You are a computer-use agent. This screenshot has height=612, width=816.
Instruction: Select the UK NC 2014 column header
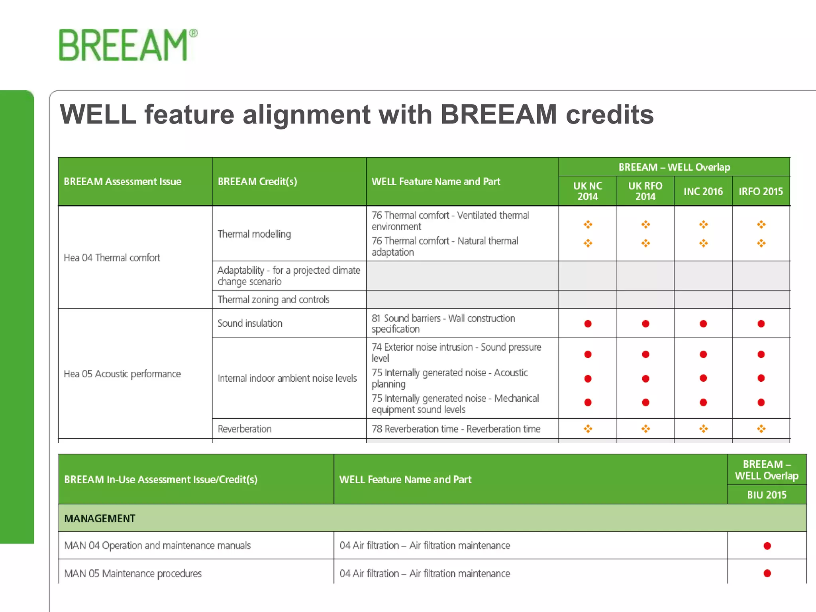tap(587, 191)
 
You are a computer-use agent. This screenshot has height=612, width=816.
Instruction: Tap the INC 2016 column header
tap(703, 192)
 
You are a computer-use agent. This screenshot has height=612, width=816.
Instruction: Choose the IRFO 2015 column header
tap(761, 192)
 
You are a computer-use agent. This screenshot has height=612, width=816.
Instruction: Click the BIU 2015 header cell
tap(767, 495)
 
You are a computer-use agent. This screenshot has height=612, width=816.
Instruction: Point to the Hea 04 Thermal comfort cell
tap(112, 258)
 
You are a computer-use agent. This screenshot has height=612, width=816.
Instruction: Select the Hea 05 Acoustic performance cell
tap(122, 374)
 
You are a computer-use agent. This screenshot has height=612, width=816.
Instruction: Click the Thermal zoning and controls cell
tap(273, 300)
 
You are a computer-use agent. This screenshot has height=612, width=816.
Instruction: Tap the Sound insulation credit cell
tap(250, 324)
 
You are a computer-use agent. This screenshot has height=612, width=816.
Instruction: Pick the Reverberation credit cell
tap(245, 429)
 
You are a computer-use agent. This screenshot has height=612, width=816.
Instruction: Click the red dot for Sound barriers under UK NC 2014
tap(588, 324)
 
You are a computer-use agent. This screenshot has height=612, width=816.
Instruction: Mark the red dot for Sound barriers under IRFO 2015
tap(761, 324)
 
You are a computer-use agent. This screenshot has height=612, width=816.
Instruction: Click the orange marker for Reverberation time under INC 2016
tap(703, 429)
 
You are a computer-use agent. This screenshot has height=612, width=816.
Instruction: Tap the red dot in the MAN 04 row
tap(767, 546)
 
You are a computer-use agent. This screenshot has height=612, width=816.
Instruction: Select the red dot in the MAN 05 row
tap(767, 573)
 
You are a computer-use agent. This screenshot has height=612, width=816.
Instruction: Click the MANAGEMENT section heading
tap(100, 519)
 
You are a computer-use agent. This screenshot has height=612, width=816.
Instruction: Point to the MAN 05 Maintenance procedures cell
tap(133, 574)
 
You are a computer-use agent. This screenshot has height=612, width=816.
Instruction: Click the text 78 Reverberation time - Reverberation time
tap(456, 429)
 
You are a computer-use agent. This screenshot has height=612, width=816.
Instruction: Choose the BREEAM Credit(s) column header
tap(257, 182)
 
